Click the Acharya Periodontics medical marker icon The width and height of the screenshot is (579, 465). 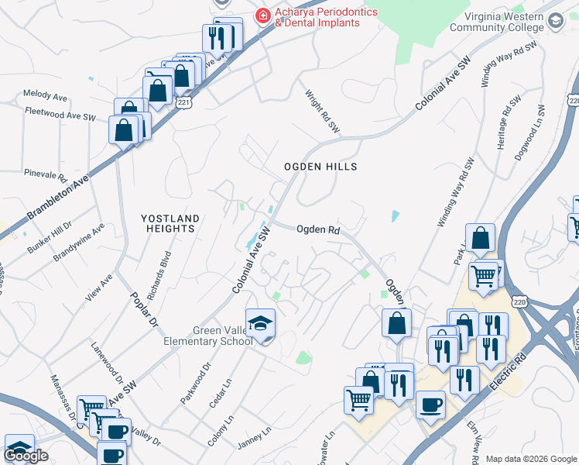pyautogui.click(x=263, y=15)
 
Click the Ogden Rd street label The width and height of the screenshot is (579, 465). pyautogui.click(x=318, y=229)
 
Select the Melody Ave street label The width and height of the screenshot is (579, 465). pyautogui.click(x=45, y=95)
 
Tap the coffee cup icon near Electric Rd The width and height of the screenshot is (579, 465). pyautogui.click(x=430, y=404)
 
